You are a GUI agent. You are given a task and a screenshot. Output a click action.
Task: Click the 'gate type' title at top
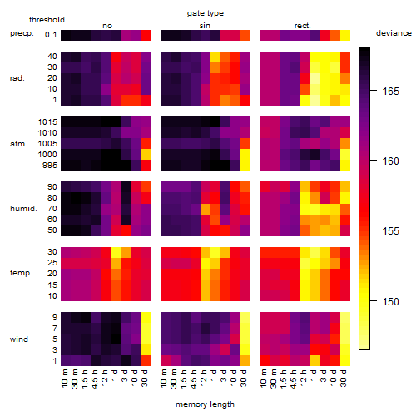tap(206, 13)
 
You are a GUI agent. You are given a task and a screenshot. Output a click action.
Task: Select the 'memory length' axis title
tap(205, 404)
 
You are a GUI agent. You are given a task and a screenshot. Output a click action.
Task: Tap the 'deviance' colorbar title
tap(394, 33)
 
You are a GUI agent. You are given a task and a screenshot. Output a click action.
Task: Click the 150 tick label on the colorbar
tap(390, 301)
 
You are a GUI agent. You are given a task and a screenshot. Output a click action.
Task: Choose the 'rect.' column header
tap(302, 26)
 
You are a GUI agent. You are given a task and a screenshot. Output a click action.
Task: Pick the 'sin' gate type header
tap(205, 26)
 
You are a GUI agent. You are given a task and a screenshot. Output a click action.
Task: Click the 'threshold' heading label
tap(47, 20)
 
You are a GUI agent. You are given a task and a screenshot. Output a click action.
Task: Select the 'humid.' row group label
tap(23, 209)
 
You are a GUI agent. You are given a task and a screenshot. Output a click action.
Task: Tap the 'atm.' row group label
tap(18, 144)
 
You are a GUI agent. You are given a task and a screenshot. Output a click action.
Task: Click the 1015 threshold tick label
tap(47, 122)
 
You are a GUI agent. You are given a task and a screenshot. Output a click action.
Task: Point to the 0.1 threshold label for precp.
tap(51, 35)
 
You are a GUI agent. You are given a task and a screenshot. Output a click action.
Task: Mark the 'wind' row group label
tap(19, 339)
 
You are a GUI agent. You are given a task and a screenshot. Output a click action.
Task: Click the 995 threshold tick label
tap(50, 166)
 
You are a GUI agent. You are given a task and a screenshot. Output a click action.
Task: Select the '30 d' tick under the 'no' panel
tap(145, 378)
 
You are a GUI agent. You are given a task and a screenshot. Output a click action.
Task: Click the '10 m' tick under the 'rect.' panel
tap(265, 378)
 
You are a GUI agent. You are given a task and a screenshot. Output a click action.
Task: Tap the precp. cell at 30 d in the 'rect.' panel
tap(345, 35)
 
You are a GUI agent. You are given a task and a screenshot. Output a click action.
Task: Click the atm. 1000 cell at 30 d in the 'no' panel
tap(146, 155)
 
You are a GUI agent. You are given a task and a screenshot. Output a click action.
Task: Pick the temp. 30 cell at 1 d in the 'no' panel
tap(116, 253)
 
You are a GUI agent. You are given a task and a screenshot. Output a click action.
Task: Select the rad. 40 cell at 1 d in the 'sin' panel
tap(215, 57)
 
